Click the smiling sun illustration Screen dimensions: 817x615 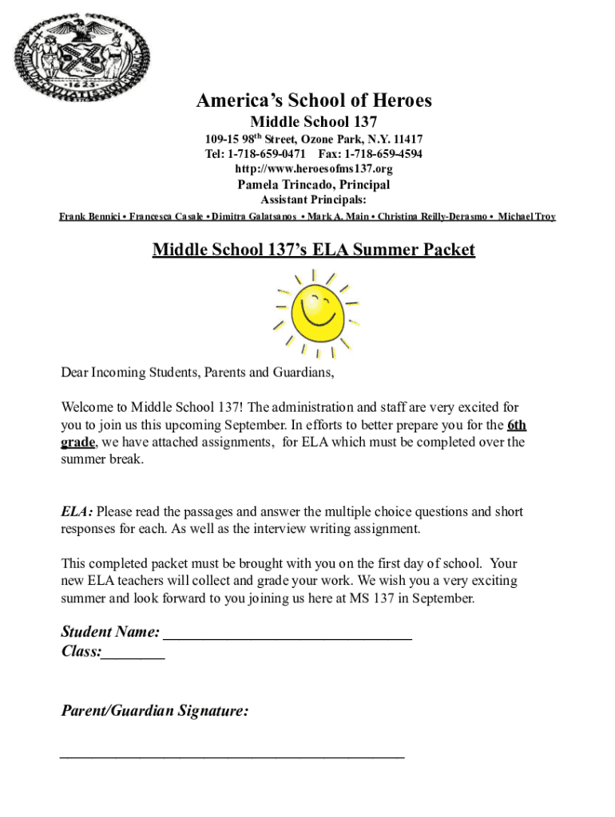[315, 312]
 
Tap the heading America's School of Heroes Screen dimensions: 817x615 [314, 101]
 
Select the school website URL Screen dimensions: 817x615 [313, 169]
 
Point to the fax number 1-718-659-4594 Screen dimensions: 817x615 [383, 154]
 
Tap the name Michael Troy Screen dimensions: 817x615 [526, 217]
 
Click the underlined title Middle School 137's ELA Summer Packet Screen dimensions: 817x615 [314, 250]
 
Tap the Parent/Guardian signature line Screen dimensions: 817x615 [232, 755]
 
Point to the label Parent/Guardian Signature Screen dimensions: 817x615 [154, 711]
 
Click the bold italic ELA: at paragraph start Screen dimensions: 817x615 [77, 511]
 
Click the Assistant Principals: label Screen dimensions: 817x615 [314, 199]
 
